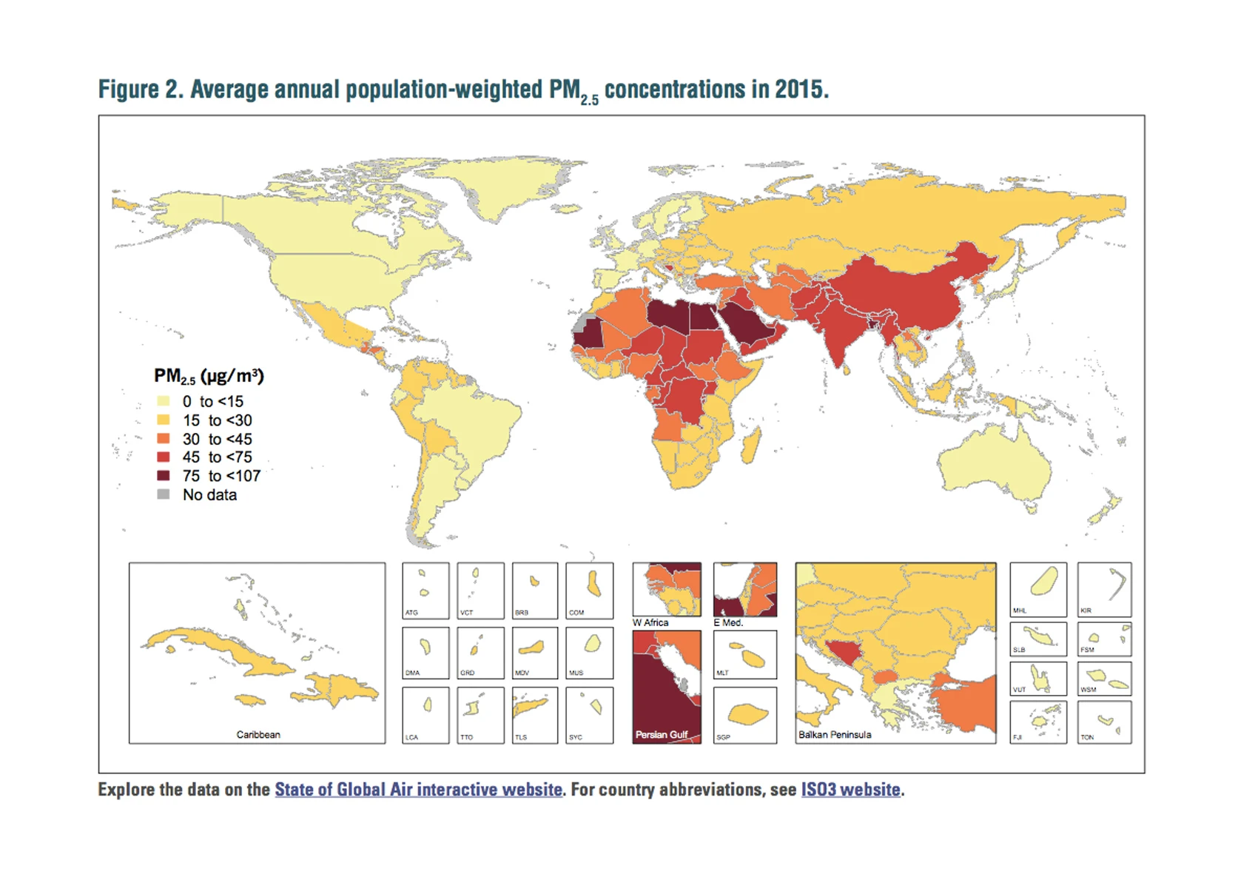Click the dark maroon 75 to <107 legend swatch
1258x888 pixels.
point(164,476)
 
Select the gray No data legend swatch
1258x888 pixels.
point(164,494)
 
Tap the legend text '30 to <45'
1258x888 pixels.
point(217,439)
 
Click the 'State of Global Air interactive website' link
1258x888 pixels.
point(418,790)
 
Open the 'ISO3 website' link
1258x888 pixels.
point(850,790)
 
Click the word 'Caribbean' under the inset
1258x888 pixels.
point(258,735)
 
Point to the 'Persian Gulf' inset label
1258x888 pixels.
point(662,735)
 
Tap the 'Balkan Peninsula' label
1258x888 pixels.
point(835,735)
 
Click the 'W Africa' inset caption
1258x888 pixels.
point(650,623)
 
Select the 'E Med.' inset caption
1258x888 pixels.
point(728,623)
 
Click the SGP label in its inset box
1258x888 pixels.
point(723,738)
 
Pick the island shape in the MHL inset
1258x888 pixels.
point(1043,581)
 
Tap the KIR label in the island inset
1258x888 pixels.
point(1086,611)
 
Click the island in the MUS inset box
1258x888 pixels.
point(592,644)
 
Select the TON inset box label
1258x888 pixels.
point(1087,738)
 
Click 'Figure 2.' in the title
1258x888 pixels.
point(140,90)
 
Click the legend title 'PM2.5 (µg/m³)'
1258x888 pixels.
point(209,377)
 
